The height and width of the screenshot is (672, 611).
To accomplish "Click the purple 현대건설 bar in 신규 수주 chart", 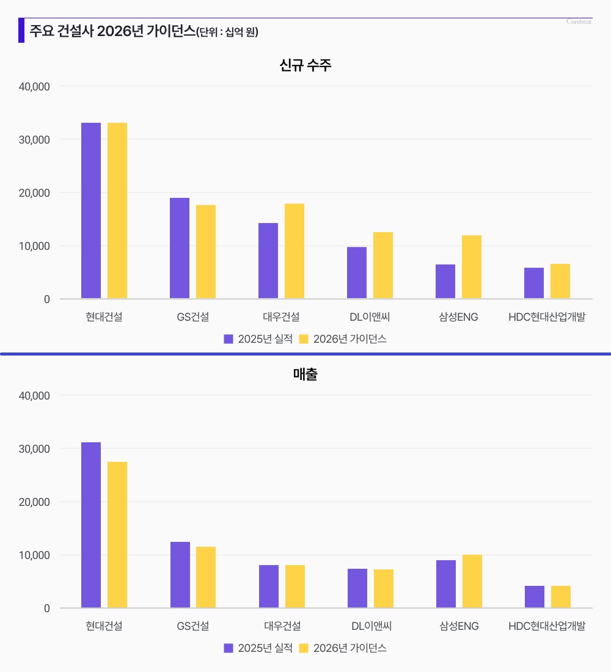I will pos(91,211).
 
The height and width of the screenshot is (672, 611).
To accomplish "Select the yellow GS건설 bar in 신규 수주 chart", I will pos(206,252).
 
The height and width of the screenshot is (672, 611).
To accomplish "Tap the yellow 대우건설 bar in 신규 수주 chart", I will pos(295,251).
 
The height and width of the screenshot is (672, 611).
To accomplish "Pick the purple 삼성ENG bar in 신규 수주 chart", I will pos(445,282).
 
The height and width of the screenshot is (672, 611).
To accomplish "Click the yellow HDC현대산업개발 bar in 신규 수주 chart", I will pos(560,282).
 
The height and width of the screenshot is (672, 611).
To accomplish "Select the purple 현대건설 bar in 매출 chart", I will pos(91,525).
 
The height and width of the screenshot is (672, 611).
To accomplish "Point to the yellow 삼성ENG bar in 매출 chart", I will pos(472,581).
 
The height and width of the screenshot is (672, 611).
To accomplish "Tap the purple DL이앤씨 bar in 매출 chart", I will pos(357,588).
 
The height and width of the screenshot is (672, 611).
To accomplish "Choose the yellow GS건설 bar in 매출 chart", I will pos(206,577).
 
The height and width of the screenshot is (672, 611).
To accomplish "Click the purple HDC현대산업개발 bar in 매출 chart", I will pos(535,597).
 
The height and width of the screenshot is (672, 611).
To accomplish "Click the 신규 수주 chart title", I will pos(305,65).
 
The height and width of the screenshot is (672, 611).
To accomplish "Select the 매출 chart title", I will pos(305,374).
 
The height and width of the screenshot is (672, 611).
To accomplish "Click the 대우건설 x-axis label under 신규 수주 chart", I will pos(281,316).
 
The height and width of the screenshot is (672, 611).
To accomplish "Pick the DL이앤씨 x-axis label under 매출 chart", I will pos(371,626).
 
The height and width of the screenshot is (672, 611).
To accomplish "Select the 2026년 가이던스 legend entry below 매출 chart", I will pos(343,648).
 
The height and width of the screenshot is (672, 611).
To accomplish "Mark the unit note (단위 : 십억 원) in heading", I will pos(228,32).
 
